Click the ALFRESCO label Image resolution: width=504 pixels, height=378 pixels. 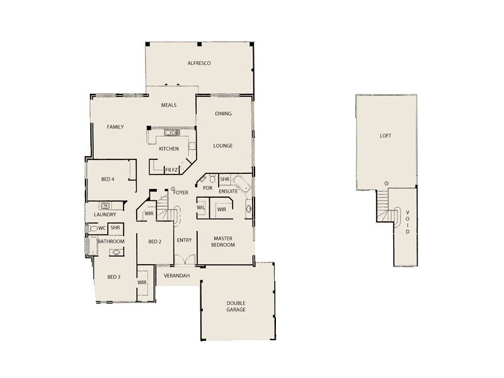(x=198, y=64)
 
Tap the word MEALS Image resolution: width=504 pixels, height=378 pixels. (x=168, y=105)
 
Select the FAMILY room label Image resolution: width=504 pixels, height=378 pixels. (x=115, y=127)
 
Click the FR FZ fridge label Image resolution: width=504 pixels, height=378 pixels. (x=172, y=169)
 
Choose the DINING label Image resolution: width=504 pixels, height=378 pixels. (x=223, y=114)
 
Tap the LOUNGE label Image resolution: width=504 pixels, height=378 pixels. (x=223, y=146)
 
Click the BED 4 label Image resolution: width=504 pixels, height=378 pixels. (x=108, y=179)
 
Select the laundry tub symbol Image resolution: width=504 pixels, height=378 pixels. (x=106, y=205)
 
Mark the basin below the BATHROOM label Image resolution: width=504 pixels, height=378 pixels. (x=117, y=253)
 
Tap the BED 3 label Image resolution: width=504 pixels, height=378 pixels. (x=113, y=277)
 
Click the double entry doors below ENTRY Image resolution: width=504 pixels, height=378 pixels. (x=184, y=261)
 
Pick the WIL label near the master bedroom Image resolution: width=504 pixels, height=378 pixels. (x=201, y=208)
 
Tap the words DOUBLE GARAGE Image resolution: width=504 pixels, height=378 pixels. (x=236, y=307)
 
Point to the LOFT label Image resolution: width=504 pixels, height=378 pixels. (x=385, y=135)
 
